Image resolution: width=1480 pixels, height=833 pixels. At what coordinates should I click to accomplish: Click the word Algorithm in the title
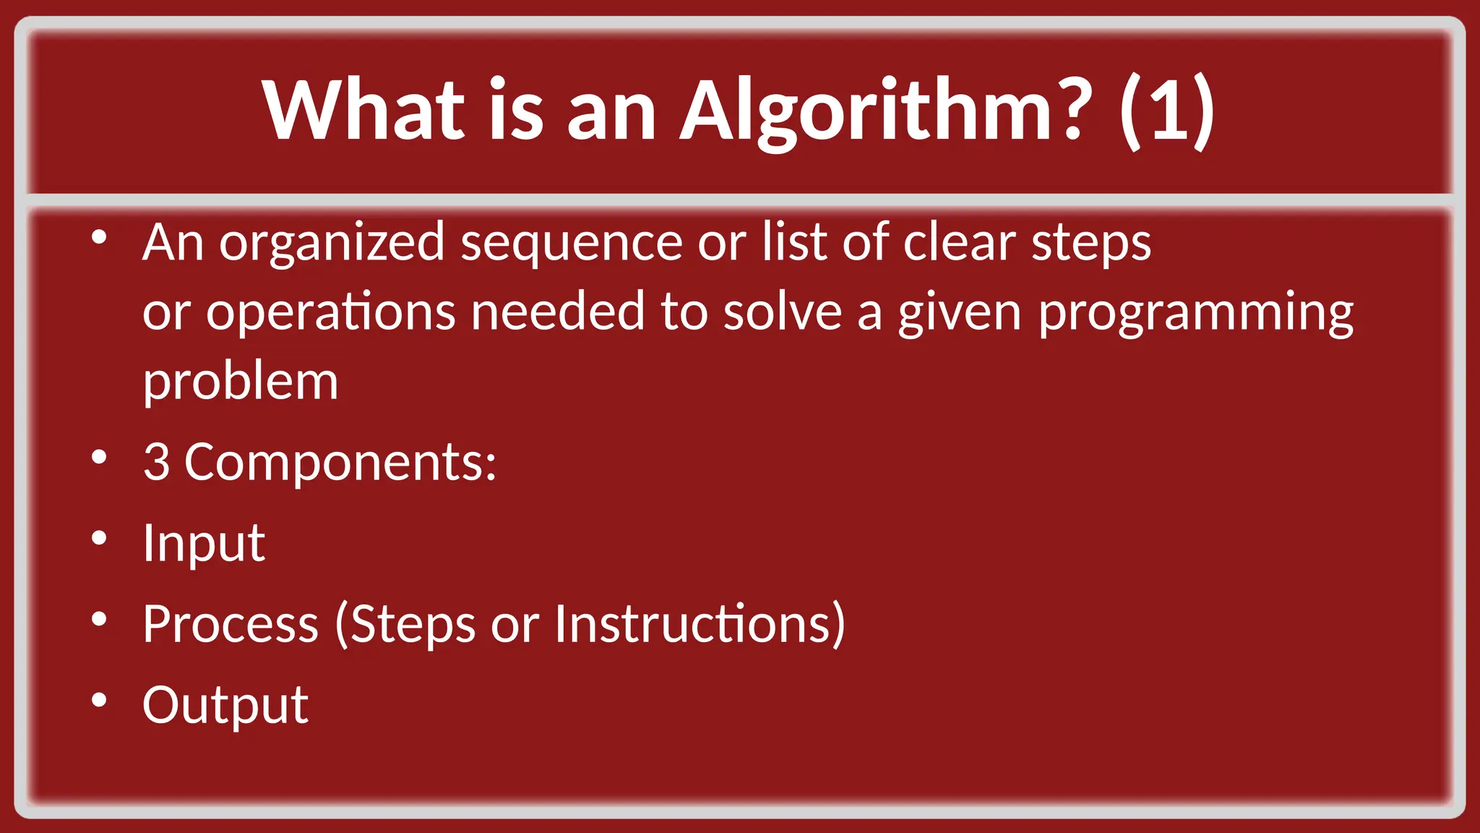coord(882,110)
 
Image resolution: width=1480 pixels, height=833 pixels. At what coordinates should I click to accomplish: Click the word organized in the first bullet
coord(332,244)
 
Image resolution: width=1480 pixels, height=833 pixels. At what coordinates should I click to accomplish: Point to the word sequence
coord(571,244)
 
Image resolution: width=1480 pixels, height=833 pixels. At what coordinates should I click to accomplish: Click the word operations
coord(331,312)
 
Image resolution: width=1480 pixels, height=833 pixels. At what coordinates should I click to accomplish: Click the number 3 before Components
coord(157,461)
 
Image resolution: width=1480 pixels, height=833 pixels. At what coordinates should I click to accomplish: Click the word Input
coord(204,543)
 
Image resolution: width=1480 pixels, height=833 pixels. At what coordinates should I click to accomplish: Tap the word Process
coord(231,623)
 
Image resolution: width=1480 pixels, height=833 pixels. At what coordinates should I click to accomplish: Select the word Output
coord(225,705)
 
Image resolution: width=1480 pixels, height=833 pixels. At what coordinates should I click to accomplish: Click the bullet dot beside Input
coord(100,538)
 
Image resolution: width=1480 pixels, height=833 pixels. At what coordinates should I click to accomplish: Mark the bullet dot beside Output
coord(100,699)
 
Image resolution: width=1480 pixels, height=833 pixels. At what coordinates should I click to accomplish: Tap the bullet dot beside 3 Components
coord(100,457)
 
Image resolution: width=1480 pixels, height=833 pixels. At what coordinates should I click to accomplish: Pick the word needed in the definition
coord(557,312)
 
